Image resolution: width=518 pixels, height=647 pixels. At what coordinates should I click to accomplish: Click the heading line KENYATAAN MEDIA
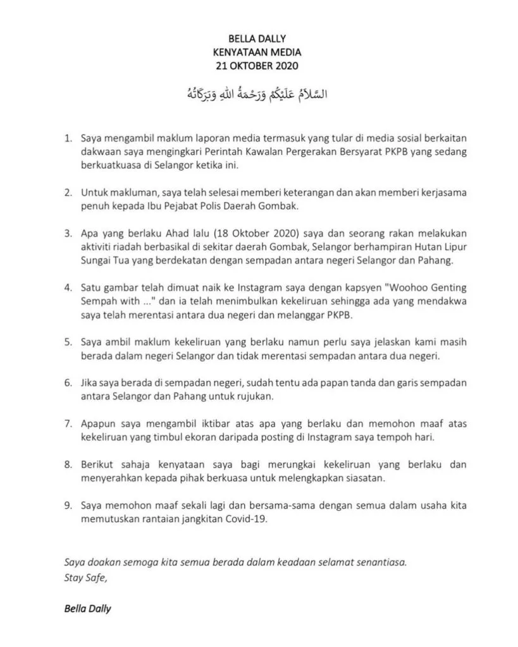(259, 53)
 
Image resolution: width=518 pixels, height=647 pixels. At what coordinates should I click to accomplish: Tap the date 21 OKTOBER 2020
(259, 66)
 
